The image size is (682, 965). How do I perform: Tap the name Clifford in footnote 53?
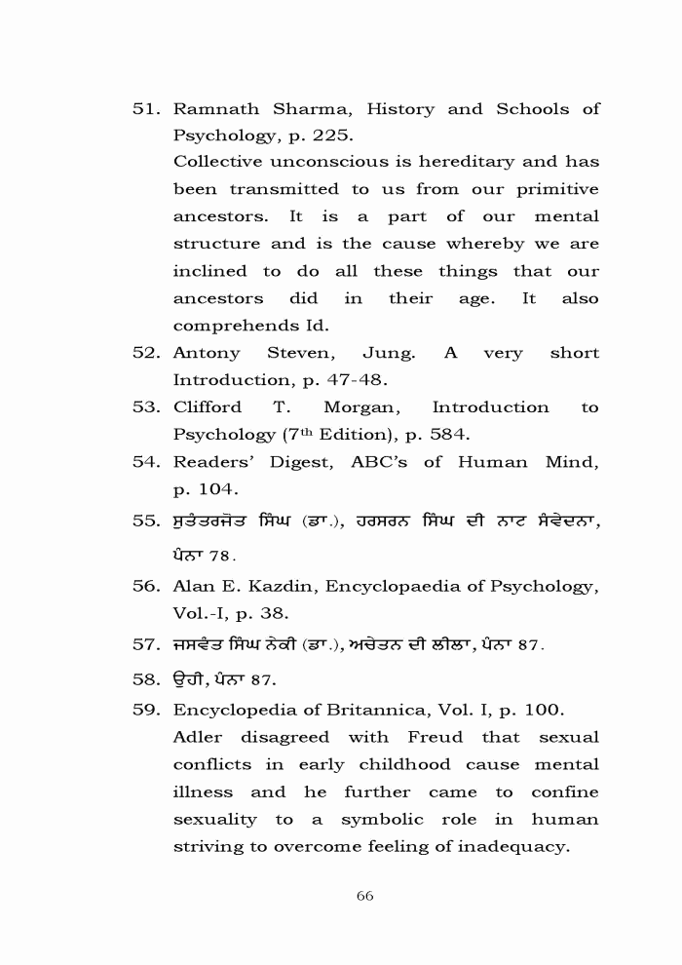(x=207, y=406)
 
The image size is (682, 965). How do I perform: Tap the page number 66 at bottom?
(x=365, y=896)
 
